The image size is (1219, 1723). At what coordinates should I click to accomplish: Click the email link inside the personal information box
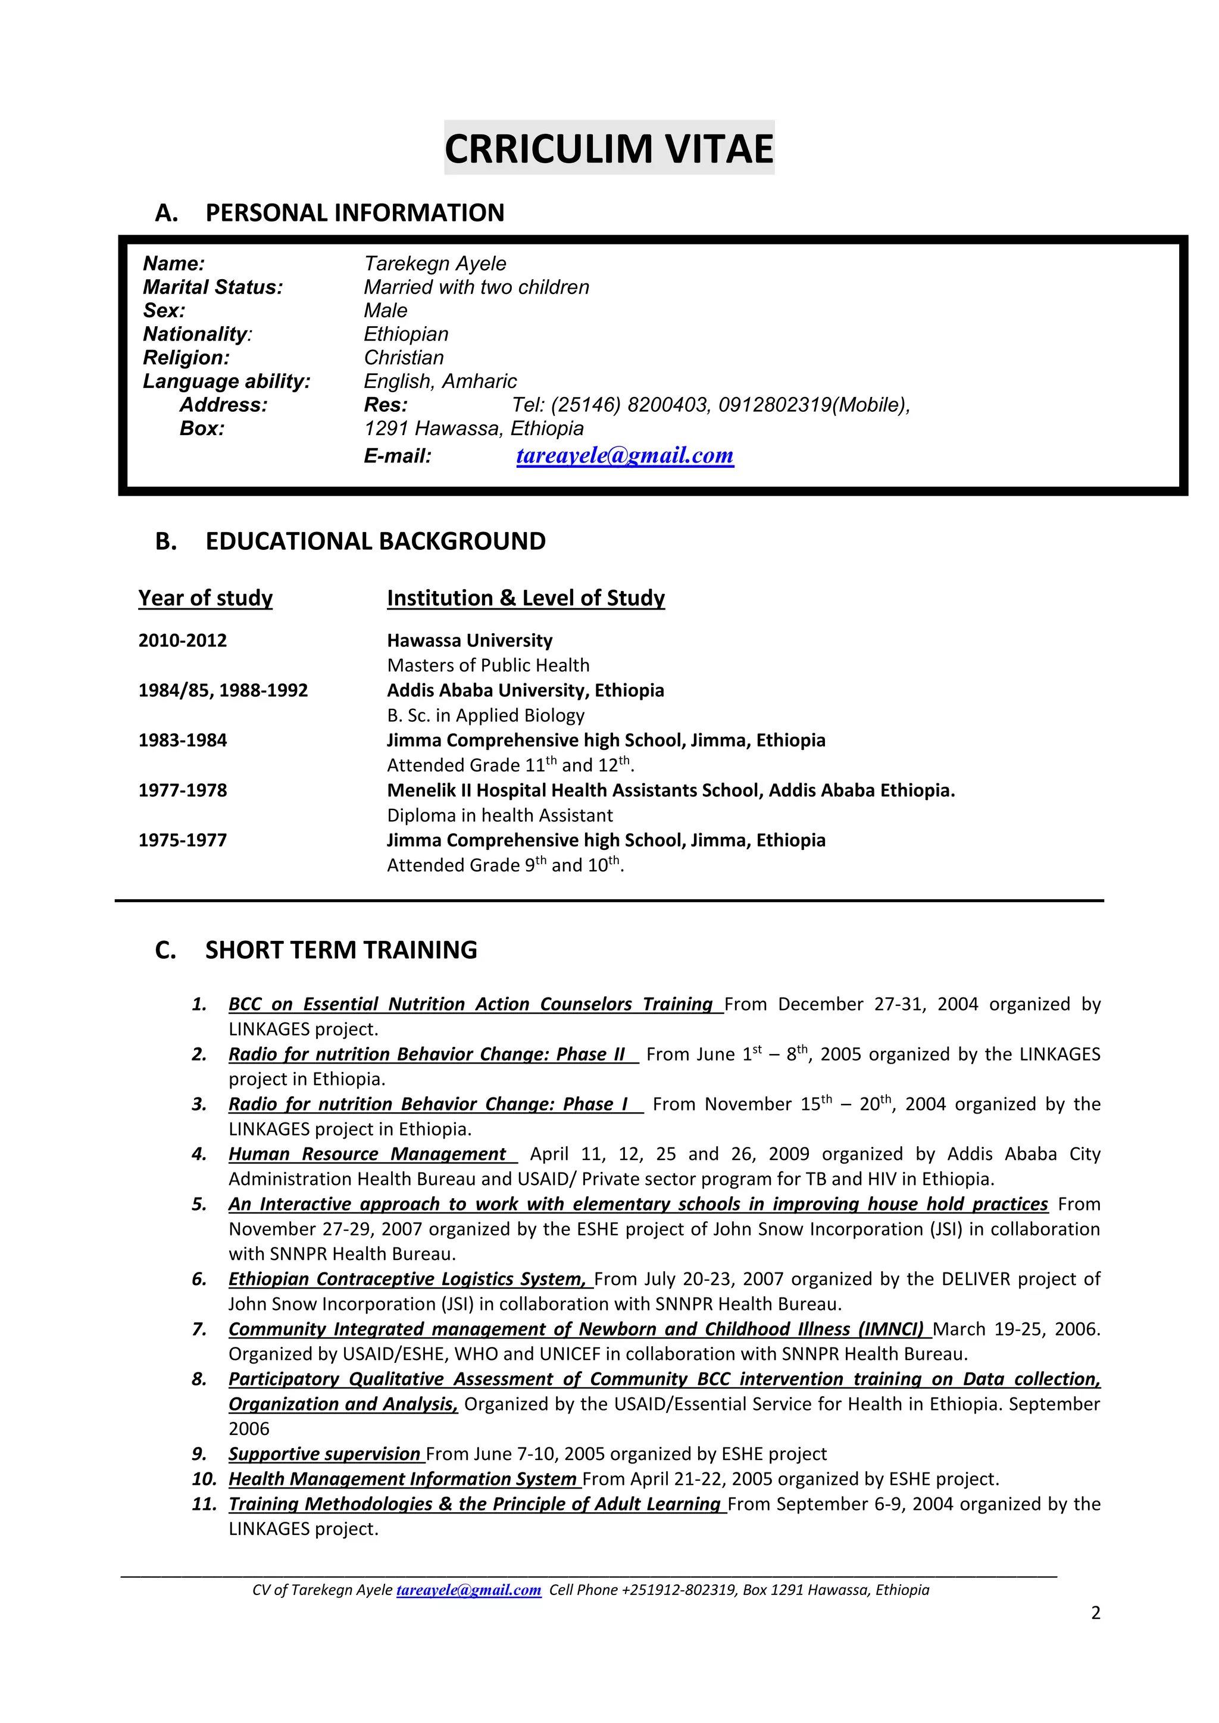(x=624, y=455)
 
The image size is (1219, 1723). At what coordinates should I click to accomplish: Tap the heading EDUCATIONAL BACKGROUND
(x=376, y=541)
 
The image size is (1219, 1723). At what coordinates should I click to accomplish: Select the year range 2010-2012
(x=182, y=640)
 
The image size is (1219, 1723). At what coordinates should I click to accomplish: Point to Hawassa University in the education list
(x=469, y=640)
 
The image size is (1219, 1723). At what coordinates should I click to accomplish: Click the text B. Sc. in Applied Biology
(x=485, y=715)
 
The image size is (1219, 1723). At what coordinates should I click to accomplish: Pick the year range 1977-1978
(x=182, y=790)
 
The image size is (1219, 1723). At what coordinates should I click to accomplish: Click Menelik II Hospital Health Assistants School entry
(x=670, y=790)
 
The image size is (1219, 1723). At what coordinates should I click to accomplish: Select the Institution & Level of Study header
(x=526, y=598)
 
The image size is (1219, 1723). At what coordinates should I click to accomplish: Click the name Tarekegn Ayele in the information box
(x=435, y=264)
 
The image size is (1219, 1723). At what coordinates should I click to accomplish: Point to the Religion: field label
(x=186, y=357)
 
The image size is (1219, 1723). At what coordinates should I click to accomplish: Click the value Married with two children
(x=476, y=287)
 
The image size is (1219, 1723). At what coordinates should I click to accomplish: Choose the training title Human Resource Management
(x=367, y=1153)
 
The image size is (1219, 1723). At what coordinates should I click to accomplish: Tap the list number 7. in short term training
(x=199, y=1329)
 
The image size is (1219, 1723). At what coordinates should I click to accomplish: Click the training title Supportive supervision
(x=324, y=1453)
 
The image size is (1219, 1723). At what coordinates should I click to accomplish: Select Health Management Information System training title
(x=402, y=1478)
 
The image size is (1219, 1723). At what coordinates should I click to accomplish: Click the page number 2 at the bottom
(x=1095, y=1613)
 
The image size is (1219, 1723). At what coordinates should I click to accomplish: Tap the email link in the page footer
(x=468, y=1590)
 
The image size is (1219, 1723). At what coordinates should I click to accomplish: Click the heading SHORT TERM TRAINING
(x=341, y=950)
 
